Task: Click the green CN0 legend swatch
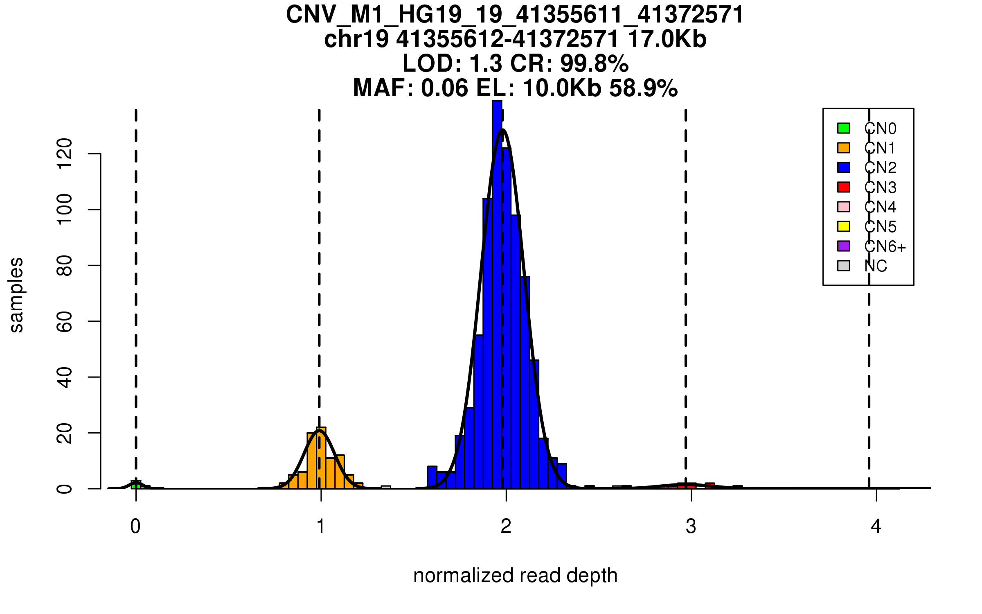pyautogui.click(x=844, y=128)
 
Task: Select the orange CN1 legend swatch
pyautogui.click(x=844, y=148)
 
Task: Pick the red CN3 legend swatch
pyautogui.click(x=844, y=187)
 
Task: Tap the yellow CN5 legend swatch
pyautogui.click(x=844, y=226)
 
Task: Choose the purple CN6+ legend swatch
pyautogui.click(x=844, y=246)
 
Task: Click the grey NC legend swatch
pyautogui.click(x=844, y=266)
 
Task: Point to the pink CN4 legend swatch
pyautogui.click(x=844, y=207)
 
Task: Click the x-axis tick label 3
pyautogui.click(x=691, y=526)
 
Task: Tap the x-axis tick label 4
pyautogui.click(x=876, y=526)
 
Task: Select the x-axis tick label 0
pyautogui.click(x=135, y=526)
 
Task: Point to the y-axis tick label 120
pyautogui.click(x=65, y=154)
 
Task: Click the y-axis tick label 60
pyautogui.click(x=65, y=321)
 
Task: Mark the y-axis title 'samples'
pyautogui.click(x=16, y=295)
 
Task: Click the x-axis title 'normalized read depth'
pyautogui.click(x=515, y=576)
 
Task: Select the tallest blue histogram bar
pyautogui.click(x=497, y=295)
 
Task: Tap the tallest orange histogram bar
pyautogui.click(x=321, y=458)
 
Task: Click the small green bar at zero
pyautogui.click(x=136, y=485)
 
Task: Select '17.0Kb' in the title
pyautogui.click(x=667, y=39)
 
